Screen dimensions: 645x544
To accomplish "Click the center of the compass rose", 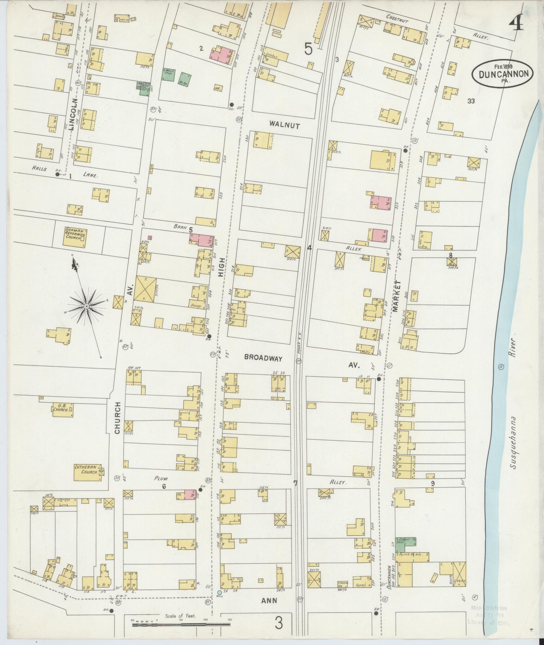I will click(86, 306).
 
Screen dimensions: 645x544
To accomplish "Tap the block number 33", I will click(471, 101).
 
